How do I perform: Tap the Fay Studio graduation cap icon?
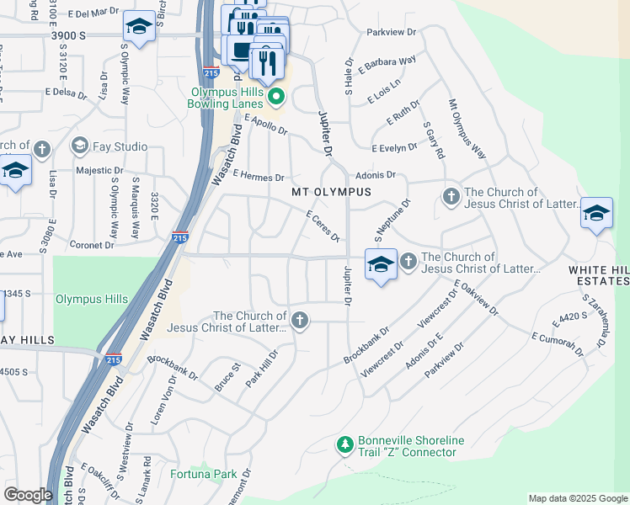click(x=80, y=146)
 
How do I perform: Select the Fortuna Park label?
click(x=202, y=475)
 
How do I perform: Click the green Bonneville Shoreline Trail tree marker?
click(x=344, y=444)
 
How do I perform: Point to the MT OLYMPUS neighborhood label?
click(x=331, y=192)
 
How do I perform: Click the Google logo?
click(x=28, y=495)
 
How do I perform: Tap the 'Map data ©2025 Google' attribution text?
click(x=577, y=498)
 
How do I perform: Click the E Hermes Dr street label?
click(x=259, y=177)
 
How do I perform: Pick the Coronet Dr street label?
click(x=92, y=245)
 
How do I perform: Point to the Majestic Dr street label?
click(x=100, y=170)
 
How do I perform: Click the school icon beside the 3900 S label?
click(x=138, y=27)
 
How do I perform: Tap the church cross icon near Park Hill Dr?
click(x=299, y=320)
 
